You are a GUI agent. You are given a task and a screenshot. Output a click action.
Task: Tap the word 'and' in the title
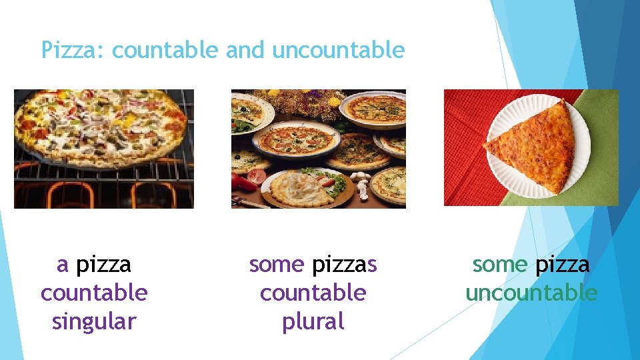245,50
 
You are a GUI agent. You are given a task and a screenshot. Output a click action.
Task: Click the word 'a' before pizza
63,265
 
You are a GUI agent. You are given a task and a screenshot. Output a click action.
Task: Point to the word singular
94,321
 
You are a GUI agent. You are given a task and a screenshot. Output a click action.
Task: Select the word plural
313,321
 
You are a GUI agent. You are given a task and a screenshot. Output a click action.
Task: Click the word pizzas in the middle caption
344,265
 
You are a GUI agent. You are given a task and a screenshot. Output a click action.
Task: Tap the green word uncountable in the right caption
531,293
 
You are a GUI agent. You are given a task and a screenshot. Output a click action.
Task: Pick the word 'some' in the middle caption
277,265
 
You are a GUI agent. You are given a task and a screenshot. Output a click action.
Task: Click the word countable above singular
94,293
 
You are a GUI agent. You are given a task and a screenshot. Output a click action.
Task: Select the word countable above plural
313,293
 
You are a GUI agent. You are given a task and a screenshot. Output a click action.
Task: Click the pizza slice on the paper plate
533,147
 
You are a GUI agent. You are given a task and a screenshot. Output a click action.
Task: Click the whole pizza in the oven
100,127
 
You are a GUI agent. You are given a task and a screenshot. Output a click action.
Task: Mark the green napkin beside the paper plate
603,173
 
